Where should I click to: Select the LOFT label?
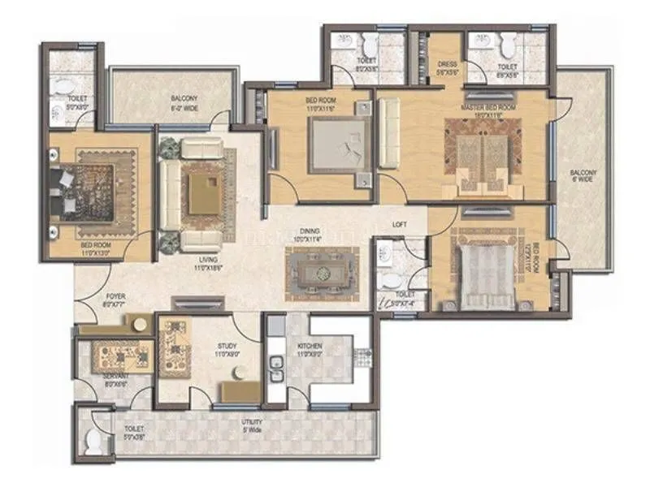(x=399, y=223)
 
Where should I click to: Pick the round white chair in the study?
(x=239, y=373)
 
